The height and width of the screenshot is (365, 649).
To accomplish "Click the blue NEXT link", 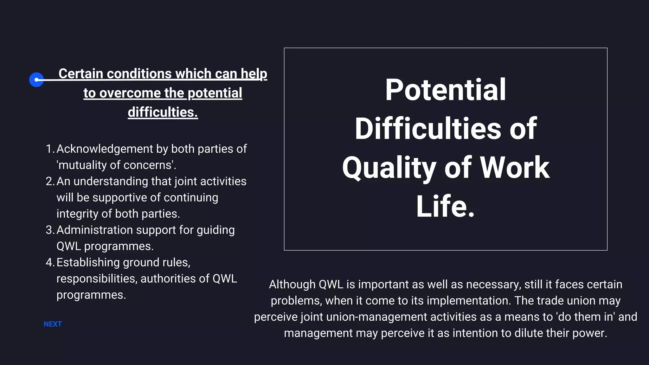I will pyautogui.click(x=53, y=324).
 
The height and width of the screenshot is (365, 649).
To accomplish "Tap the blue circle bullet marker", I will pyautogui.click(x=36, y=80).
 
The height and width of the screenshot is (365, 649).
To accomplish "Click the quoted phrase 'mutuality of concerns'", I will pyautogui.click(x=116, y=165).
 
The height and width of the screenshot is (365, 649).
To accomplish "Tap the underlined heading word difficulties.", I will pyautogui.click(x=163, y=112).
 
